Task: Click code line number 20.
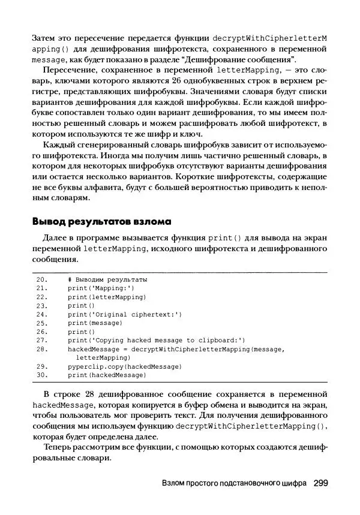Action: pyautogui.click(x=42, y=279)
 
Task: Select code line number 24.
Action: pyautogui.click(x=42, y=314)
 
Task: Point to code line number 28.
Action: pyautogui.click(x=42, y=348)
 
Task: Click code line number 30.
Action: pyautogui.click(x=42, y=375)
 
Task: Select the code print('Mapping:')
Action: pyautogui.click(x=101, y=288)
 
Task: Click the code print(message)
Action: pyautogui.click(x=91, y=323)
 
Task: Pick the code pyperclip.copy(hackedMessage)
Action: pyautogui.click(x=125, y=366)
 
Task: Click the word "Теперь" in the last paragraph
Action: pyautogui.click(x=58, y=447)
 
